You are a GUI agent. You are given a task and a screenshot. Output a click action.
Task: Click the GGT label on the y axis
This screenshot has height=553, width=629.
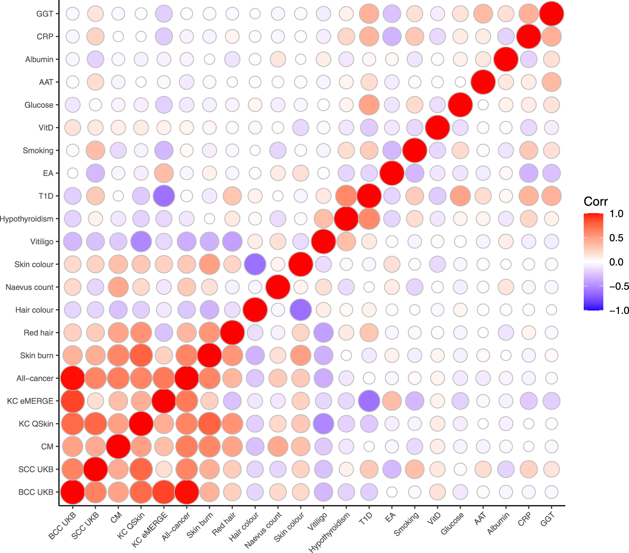click(x=45, y=14)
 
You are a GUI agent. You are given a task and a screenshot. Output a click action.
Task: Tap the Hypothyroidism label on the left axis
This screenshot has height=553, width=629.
click(x=27, y=219)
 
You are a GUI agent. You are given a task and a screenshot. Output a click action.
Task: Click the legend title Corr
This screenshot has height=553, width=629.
click(x=595, y=202)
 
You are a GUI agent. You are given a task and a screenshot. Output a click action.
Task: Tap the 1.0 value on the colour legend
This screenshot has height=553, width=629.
click(x=616, y=214)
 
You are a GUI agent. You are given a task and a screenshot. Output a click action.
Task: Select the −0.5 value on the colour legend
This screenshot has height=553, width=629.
click(x=619, y=286)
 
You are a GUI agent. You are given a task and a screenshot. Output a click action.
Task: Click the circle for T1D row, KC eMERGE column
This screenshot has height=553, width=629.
click(x=164, y=196)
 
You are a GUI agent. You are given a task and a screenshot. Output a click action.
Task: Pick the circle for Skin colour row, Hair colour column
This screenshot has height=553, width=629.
click(x=255, y=264)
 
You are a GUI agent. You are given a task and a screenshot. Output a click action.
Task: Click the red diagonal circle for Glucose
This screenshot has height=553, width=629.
click(x=460, y=105)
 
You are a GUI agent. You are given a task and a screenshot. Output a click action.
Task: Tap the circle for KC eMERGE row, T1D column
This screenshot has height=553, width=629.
click(x=369, y=401)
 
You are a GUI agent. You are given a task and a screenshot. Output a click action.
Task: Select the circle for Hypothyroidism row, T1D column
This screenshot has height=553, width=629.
click(x=369, y=219)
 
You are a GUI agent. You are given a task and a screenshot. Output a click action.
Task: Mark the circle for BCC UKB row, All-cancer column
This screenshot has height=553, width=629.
click(x=187, y=492)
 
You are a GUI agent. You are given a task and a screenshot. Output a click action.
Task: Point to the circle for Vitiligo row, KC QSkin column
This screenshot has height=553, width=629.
click(x=141, y=241)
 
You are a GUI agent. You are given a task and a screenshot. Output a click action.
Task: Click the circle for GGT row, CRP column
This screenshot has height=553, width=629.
click(x=528, y=14)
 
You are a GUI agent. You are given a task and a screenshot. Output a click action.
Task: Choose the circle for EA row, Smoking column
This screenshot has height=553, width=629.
click(x=415, y=173)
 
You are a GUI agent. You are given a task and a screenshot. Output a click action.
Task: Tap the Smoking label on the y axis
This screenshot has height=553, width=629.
click(x=38, y=150)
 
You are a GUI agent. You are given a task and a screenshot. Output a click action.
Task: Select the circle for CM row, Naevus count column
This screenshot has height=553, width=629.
click(x=278, y=447)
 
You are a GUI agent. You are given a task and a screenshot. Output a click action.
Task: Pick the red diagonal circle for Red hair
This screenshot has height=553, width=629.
click(x=232, y=333)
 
